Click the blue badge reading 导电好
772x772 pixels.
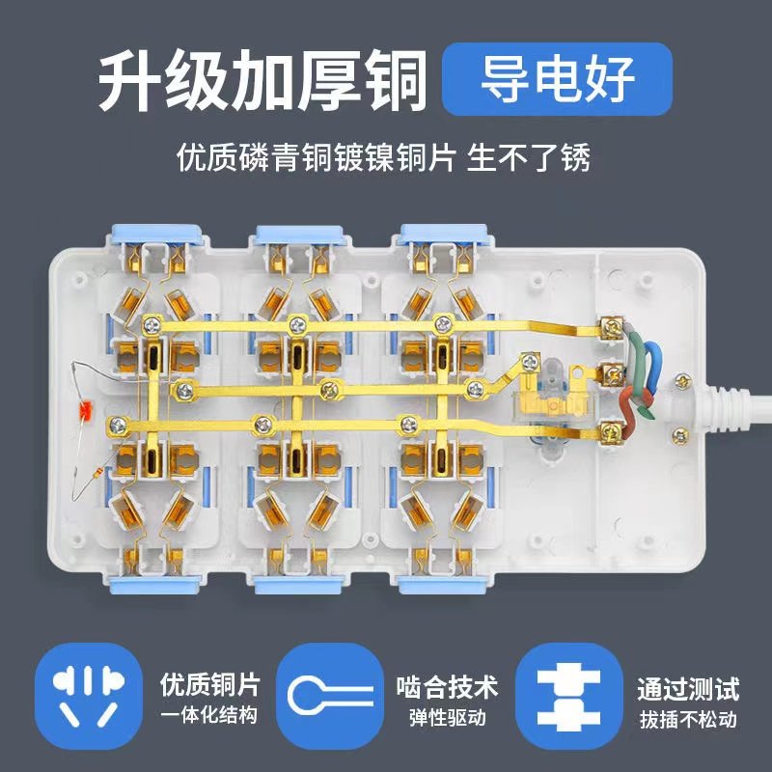coord(557,80)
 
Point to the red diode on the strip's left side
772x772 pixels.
coord(84,409)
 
